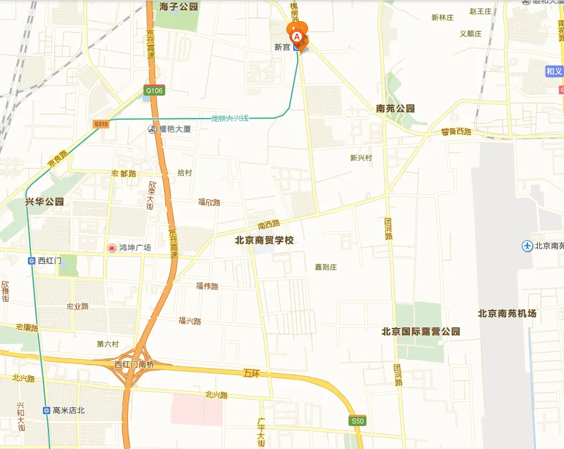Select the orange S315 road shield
(x=101, y=124)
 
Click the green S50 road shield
(x=357, y=421)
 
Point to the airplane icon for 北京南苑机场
(x=527, y=246)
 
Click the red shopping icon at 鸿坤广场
(x=112, y=248)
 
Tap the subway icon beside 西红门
(x=32, y=261)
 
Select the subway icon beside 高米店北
(x=47, y=410)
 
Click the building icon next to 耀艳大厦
(x=152, y=129)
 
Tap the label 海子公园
(x=179, y=7)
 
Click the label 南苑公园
(x=395, y=109)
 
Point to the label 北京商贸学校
(x=264, y=240)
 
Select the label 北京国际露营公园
(x=421, y=332)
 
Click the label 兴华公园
(x=44, y=202)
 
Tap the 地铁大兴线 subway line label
(x=230, y=118)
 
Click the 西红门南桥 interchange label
(x=134, y=365)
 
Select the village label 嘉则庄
(x=325, y=267)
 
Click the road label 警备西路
(x=457, y=132)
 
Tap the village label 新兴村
(x=361, y=158)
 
